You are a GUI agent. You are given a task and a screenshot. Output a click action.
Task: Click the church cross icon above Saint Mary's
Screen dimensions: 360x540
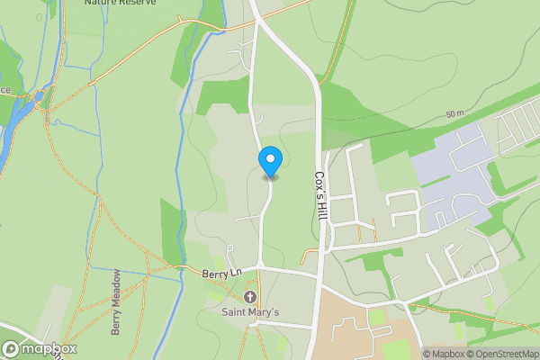(x=249, y=297)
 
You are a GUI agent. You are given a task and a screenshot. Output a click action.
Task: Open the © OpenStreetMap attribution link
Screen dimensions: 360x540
(x=504, y=354)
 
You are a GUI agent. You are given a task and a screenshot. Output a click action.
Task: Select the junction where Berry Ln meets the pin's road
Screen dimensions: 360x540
(x=261, y=266)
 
